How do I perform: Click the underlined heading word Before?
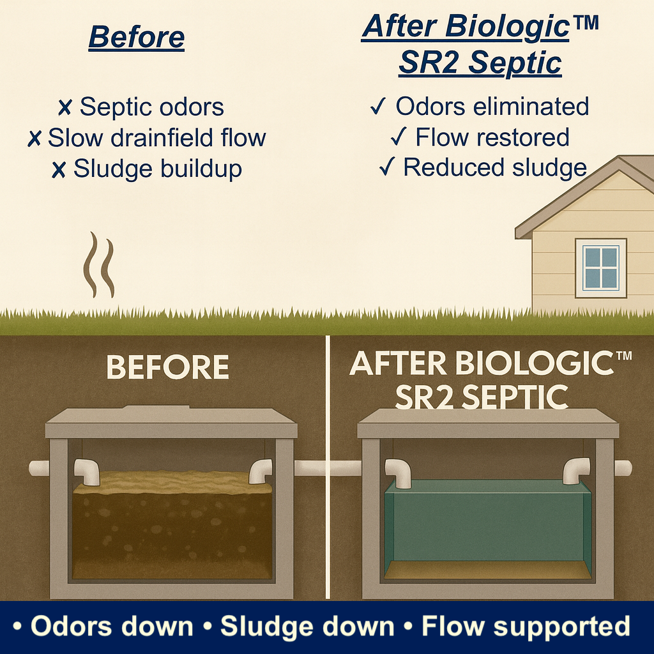tap(136, 37)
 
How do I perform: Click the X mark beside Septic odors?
tap(65, 108)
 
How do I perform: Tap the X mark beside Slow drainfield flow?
tap(34, 139)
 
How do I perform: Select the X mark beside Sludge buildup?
tap(59, 169)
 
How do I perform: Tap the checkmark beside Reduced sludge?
tap(386, 168)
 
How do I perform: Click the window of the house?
tap(600, 268)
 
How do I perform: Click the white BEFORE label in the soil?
tap(167, 368)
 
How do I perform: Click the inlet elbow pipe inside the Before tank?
tap(87, 471)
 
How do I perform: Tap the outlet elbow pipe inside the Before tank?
tap(260, 471)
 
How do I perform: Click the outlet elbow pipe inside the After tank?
tap(576, 471)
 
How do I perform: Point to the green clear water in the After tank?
tap(489, 521)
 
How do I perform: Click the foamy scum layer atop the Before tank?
tap(172, 482)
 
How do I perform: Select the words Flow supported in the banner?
tap(526, 627)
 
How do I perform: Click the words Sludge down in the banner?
tap(307, 627)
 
